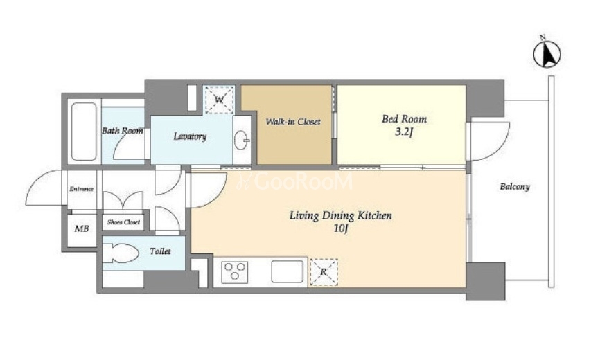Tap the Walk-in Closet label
tap(293, 122)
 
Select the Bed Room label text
tap(404, 119)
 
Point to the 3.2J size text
tap(404, 132)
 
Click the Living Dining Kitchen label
tap(340, 216)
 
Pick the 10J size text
tap(340, 228)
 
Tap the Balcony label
tap(515, 186)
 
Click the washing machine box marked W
tap(219, 100)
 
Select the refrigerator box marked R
tap(324, 271)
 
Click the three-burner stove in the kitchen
tap(234, 271)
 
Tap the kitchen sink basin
tap(288, 271)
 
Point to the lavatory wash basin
tap(241, 141)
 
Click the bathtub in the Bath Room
tap(84, 132)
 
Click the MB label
tap(82, 228)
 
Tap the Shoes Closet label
tap(123, 222)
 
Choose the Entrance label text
tap(82, 189)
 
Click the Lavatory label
tap(190, 136)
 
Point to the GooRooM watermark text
tap(294, 182)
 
